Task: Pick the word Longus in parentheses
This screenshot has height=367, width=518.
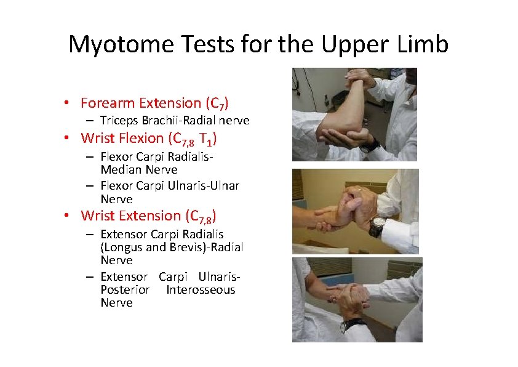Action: click(x=122, y=248)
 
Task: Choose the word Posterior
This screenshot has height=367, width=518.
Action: click(x=125, y=290)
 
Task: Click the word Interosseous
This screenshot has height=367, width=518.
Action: click(x=201, y=290)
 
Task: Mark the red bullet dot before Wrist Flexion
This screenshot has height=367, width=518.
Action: click(x=73, y=139)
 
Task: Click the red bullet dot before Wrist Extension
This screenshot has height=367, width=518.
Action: click(x=73, y=216)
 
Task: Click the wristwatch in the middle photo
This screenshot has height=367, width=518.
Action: click(x=377, y=226)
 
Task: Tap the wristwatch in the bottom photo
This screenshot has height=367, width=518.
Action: click(x=351, y=324)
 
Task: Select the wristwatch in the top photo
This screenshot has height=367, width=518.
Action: click(x=370, y=145)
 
